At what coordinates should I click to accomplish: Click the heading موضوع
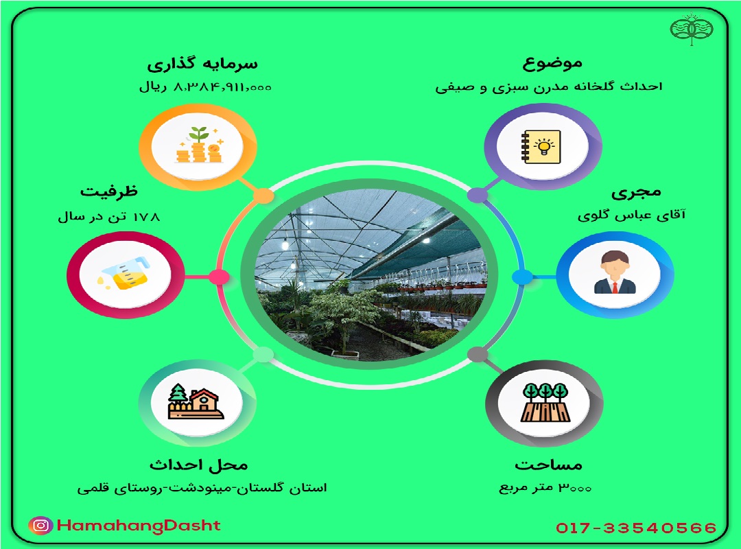tap(552, 64)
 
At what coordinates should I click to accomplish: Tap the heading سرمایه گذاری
tap(202, 65)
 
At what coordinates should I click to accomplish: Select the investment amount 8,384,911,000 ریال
tap(205, 87)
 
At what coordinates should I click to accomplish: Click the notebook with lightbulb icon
tap(541, 147)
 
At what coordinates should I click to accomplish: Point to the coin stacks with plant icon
tap(199, 145)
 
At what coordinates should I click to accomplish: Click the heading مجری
tap(636, 192)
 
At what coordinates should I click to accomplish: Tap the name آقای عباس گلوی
tap(631, 215)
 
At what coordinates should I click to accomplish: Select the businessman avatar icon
tap(614, 273)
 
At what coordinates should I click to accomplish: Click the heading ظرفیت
tap(109, 191)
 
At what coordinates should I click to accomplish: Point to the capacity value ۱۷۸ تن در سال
tap(108, 217)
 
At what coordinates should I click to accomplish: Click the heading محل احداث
tap(198, 465)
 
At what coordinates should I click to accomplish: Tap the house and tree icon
tap(196, 401)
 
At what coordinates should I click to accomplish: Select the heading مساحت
tap(548, 465)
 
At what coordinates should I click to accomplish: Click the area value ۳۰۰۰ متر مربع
tap(545, 487)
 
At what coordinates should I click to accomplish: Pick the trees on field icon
tap(545, 402)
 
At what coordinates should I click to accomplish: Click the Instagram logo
tap(41, 526)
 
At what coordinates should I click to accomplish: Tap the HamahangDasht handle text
tap(139, 526)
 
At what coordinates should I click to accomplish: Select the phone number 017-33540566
tap(636, 528)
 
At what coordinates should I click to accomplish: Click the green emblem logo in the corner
tap(692, 30)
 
